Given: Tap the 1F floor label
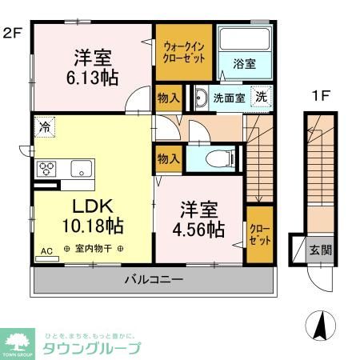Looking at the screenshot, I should [320, 95].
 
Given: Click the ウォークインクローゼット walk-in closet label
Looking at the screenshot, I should [184, 52].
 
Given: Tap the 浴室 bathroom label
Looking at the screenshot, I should [244, 64].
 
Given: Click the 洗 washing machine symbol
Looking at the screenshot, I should [262, 97].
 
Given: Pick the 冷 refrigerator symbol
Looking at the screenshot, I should [45, 126].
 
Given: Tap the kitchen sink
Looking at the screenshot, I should [81, 167].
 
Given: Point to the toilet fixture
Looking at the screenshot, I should [216, 158].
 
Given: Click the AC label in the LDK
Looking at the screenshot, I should [46, 251].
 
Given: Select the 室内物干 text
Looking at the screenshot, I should [93, 249].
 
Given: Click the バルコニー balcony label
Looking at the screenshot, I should [154, 280].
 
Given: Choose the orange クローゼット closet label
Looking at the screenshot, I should [257, 233].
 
